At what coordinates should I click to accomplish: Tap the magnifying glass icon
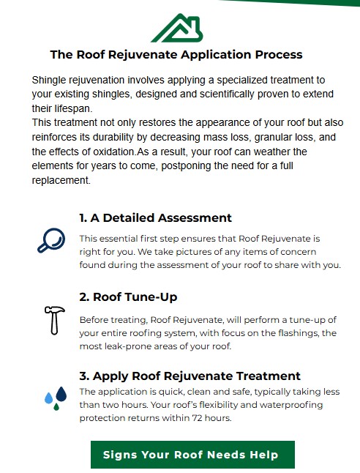51,240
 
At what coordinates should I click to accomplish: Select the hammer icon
55,321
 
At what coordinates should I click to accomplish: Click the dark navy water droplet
61,394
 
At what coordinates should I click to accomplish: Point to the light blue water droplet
48,398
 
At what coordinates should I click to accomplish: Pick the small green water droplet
56,407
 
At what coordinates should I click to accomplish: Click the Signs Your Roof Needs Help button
192,455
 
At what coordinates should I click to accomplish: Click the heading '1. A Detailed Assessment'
155,217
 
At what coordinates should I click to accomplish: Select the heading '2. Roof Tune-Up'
128,297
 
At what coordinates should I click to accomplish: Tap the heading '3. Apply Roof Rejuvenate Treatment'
190,376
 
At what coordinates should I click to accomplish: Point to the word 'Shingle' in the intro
49,81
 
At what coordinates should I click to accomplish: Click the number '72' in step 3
197,418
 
